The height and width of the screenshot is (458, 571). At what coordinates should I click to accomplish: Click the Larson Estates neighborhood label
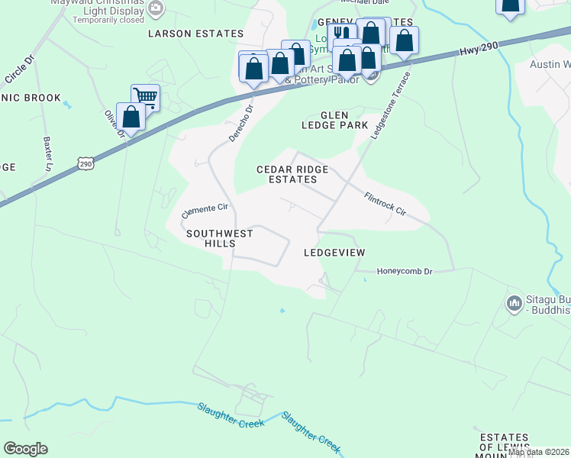coord(195,34)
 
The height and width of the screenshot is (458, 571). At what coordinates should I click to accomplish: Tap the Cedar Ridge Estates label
coord(292,174)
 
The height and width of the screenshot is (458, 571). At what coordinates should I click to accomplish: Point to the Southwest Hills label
coord(220,238)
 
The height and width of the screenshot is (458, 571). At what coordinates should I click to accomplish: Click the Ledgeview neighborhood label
coord(334,252)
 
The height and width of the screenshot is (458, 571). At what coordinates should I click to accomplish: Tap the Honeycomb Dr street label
coord(405,271)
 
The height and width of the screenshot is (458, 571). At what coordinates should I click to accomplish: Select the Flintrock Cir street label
coord(385,202)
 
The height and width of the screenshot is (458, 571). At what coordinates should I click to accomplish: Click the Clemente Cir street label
coord(205,211)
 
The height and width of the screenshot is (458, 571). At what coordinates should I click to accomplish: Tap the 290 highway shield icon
coord(85,163)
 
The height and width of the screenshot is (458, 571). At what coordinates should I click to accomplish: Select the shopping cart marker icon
coord(145,97)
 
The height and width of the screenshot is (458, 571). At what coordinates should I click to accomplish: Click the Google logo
coord(25,449)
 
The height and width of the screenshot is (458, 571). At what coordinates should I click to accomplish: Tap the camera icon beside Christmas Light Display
coord(156,8)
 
